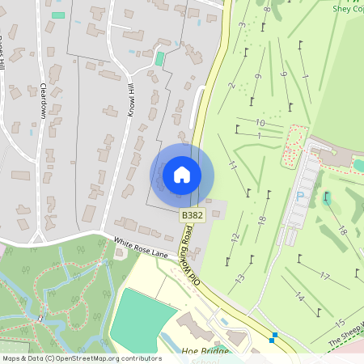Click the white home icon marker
click(182, 175)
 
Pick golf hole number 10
click(259, 123)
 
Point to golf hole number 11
click(233, 165)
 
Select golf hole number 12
click(235, 237)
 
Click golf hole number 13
click(239, 278)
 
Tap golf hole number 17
click(324, 276)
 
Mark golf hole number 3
click(242, 25)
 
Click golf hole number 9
click(257, 76)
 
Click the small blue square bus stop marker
click(274, 336)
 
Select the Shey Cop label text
click(348, 9)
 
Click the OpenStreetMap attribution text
click(81, 358)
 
